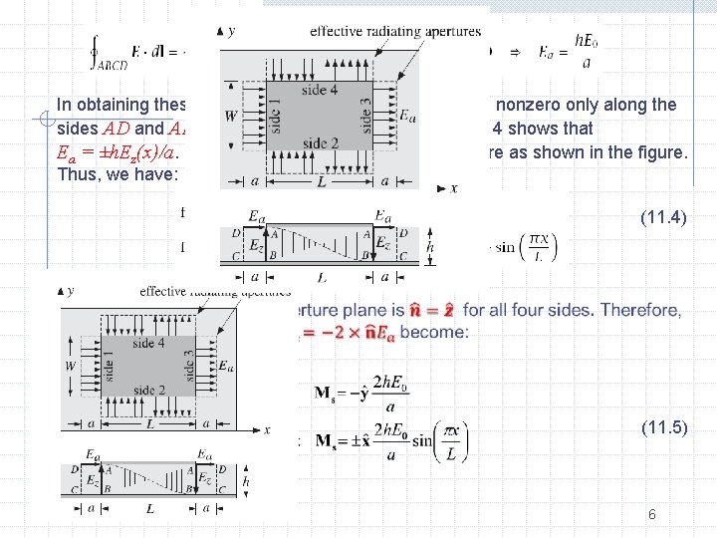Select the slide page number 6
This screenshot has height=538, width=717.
pyautogui.click(x=651, y=514)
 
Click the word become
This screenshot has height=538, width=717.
pyautogui.click(x=436, y=332)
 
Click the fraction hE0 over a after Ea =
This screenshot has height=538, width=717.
pyautogui.click(x=585, y=51)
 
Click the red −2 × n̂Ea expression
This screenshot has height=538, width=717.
pyautogui.click(x=356, y=332)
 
